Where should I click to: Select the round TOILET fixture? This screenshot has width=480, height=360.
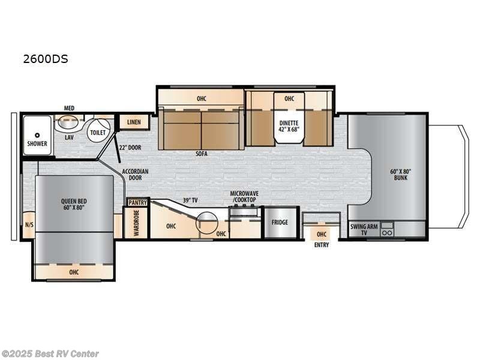tap(97, 132)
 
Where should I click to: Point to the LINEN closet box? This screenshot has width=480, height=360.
tap(133, 122)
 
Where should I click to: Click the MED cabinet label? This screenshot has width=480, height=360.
tap(69, 109)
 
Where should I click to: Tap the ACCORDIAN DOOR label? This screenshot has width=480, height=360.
tap(135, 175)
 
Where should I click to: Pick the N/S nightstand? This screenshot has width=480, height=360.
tap(29, 225)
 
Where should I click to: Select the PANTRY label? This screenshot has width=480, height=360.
tap(137, 203)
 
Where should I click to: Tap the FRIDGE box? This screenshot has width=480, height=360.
tap(280, 223)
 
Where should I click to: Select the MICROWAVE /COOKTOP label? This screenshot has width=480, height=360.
tap(244, 196)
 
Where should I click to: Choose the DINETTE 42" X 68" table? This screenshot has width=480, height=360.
tap(289, 126)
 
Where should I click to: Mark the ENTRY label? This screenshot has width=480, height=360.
tap(322, 245)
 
